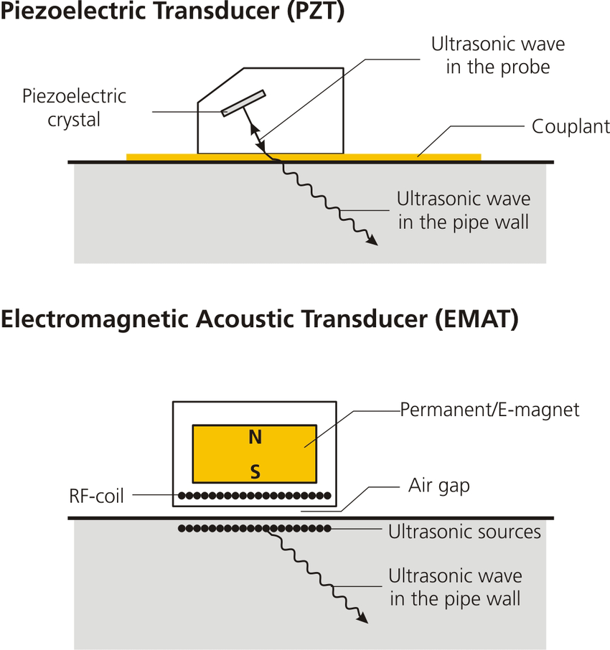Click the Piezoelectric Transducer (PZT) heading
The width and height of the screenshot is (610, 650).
[172, 14]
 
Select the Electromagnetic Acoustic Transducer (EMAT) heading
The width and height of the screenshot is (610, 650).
[259, 320]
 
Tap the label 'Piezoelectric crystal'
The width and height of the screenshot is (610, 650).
[74, 108]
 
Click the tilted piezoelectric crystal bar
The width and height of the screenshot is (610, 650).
[243, 103]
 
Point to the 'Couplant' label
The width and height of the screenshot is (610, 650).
[571, 127]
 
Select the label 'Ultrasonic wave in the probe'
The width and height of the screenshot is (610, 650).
[497, 55]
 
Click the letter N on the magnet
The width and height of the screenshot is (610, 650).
[255, 437]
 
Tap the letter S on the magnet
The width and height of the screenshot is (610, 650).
[255, 471]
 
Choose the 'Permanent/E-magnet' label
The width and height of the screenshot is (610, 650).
[489, 410]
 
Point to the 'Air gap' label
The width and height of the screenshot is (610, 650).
[438, 486]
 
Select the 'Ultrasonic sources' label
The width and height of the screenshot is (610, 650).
[464, 532]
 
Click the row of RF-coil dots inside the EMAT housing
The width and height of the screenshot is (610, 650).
[254, 495]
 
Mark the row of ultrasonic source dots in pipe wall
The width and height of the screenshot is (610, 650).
[254, 529]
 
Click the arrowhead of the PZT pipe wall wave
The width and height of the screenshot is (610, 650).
[372, 242]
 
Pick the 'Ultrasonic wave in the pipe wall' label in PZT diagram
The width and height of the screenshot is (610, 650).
[464, 210]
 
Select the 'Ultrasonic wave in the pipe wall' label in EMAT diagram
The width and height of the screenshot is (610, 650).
[455, 587]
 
